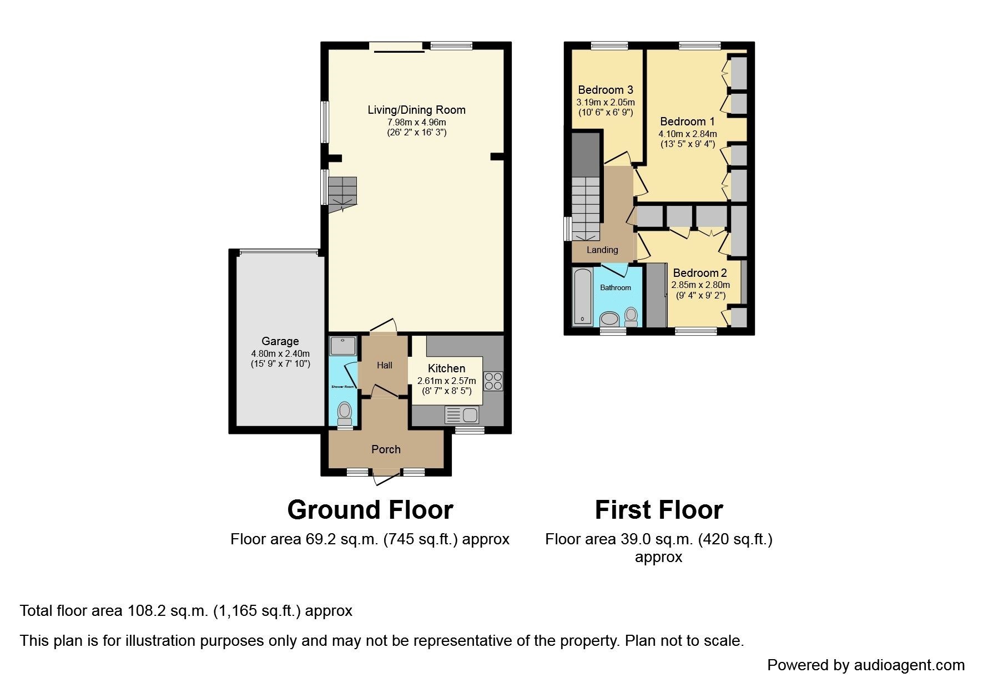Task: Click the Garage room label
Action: (x=280, y=341)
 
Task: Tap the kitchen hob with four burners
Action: (x=493, y=381)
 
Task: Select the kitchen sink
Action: (x=462, y=415)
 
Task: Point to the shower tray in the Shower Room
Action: (x=343, y=346)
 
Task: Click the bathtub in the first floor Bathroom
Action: (x=582, y=297)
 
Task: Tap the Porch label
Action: (x=386, y=449)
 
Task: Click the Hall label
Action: (x=385, y=365)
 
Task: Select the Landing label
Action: (x=602, y=250)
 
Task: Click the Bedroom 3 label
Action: (x=606, y=90)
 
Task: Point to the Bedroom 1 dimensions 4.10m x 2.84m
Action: (x=688, y=134)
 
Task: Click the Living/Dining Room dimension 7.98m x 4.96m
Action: (x=417, y=122)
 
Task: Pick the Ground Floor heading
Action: (x=370, y=509)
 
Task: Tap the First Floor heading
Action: (x=659, y=509)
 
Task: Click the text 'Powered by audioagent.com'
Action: (x=866, y=665)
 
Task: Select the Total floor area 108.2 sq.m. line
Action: (x=186, y=611)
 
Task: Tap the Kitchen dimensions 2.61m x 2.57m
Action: (x=447, y=381)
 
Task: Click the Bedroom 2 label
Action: (x=700, y=273)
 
